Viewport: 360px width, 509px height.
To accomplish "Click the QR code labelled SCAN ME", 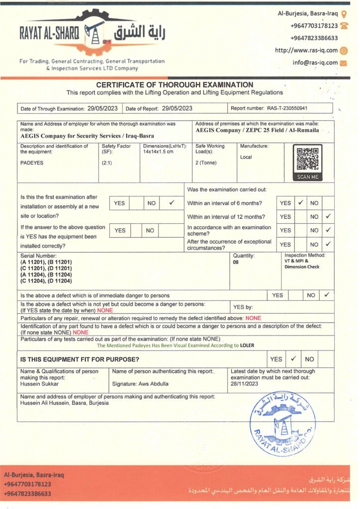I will [x=309, y=160].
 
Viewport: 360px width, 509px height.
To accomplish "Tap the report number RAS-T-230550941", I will [x=287, y=108].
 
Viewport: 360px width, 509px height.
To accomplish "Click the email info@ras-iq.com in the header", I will [x=315, y=63].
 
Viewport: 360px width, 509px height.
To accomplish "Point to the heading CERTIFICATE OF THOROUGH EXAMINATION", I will [x=175, y=85].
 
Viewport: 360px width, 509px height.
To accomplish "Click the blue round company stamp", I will [x=282, y=424].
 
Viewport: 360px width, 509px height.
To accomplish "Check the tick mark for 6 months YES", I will [x=301, y=203].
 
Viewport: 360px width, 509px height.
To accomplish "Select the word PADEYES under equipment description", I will [x=31, y=163].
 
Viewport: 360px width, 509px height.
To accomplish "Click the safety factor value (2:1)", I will [x=106, y=163].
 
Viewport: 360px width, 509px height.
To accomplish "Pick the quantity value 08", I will [x=236, y=262].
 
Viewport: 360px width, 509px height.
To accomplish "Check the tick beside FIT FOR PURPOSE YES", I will [x=293, y=358].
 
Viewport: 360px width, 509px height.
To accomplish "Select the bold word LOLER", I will [x=247, y=345].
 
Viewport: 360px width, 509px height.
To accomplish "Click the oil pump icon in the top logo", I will [x=94, y=31].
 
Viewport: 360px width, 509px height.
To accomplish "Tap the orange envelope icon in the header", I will [x=344, y=63].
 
